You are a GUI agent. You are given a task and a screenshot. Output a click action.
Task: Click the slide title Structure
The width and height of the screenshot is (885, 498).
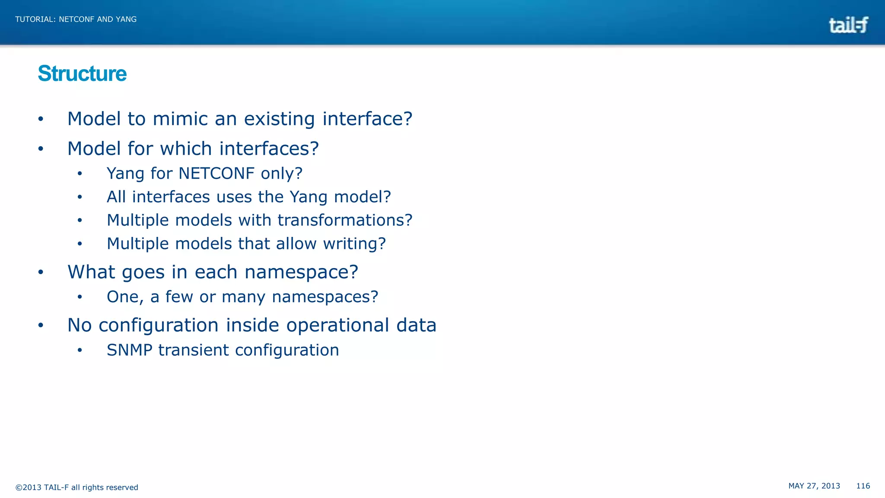82,73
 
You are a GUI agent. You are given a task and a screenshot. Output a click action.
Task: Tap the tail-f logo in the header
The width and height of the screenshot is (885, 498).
848,25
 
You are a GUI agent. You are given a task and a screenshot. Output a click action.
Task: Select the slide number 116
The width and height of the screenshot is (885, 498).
863,486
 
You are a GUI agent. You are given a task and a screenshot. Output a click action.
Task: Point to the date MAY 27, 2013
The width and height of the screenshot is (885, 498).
814,486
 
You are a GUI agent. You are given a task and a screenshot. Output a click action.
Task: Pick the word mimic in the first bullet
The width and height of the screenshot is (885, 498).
180,119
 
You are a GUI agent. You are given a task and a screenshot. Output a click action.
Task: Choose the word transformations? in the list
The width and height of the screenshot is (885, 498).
345,220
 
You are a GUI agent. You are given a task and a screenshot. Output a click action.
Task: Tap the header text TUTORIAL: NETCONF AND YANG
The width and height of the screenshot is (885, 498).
76,19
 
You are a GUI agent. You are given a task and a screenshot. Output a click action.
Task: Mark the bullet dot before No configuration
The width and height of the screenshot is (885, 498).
41,326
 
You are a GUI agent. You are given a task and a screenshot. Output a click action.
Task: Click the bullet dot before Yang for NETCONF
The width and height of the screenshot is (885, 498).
80,174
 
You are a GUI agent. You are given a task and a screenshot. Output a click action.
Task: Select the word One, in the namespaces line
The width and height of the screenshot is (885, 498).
125,297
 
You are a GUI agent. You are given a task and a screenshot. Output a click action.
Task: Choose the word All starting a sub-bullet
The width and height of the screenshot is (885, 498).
116,197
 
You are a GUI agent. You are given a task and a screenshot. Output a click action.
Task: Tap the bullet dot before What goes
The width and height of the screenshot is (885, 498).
41,272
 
